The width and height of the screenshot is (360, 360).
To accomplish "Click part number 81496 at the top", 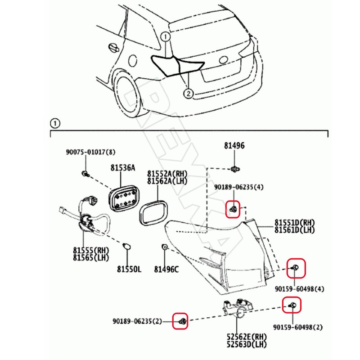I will (x=234, y=146).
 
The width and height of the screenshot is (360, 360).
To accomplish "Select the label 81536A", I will (x=122, y=168).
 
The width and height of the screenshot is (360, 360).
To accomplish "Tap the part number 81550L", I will (x=129, y=269).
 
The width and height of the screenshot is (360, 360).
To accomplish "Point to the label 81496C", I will (x=166, y=269).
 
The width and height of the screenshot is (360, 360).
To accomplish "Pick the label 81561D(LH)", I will (x=295, y=230).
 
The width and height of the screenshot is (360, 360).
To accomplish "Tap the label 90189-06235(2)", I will (x=143, y=321).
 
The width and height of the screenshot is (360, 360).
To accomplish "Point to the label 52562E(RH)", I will (x=247, y=337).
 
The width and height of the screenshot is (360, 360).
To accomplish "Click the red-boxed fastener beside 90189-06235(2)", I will (x=181, y=320).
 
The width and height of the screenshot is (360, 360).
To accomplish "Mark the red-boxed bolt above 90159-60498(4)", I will (x=296, y=268).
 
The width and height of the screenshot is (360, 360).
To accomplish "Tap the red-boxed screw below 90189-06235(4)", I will (x=233, y=209).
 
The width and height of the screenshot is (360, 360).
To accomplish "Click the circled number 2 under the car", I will (x=188, y=94).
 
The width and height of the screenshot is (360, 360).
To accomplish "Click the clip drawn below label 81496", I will (x=234, y=169).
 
